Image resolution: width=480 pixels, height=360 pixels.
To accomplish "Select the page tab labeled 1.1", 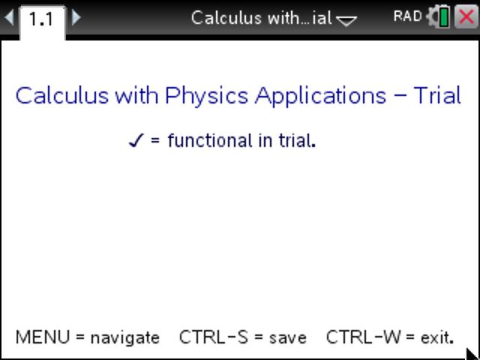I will (x=41, y=19).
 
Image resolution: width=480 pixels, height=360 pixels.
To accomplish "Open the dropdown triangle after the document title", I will (x=346, y=20).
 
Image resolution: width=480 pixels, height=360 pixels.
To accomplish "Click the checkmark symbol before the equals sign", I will (x=136, y=140).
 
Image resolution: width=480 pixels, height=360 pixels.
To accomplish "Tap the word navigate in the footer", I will (x=125, y=338).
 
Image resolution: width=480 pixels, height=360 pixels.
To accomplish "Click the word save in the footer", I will (x=288, y=338).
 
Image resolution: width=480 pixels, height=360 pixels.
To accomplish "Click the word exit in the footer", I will (x=436, y=337).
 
